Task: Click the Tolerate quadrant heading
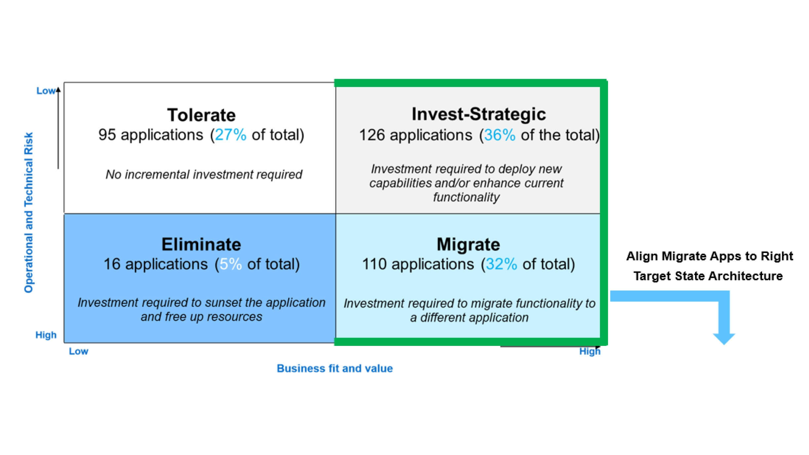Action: (201, 115)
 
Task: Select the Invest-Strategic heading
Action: (479, 114)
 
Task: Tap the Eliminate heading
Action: (201, 244)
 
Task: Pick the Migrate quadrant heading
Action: (468, 244)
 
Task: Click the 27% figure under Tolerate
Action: (231, 135)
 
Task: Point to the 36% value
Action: (500, 135)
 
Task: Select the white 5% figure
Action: (231, 264)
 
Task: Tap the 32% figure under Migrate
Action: (501, 264)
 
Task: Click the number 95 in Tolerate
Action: (107, 135)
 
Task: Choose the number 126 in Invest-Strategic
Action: (372, 135)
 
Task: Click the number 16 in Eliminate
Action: (112, 264)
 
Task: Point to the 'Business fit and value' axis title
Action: (335, 368)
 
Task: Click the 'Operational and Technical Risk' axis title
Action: (29, 213)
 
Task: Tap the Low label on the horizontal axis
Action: (78, 351)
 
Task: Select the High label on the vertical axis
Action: (46, 335)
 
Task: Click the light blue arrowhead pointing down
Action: (724, 339)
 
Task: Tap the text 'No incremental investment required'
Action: (204, 174)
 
